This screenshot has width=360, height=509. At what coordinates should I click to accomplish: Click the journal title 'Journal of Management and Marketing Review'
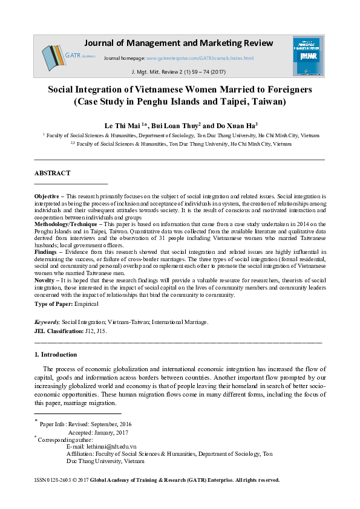pos(178,43)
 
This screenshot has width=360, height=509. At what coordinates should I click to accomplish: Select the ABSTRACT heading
pos(53,173)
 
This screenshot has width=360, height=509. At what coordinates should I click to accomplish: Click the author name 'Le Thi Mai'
pos(124,125)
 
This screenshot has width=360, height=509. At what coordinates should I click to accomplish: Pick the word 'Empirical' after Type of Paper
pos(99,305)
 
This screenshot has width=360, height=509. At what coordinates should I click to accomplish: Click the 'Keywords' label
pos(47,322)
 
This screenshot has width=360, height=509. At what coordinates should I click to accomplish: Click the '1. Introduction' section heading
pos(56,354)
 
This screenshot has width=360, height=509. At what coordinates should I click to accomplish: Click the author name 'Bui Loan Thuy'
pos(176,125)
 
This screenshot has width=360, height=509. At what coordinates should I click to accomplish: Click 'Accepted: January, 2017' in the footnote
pos(98,432)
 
